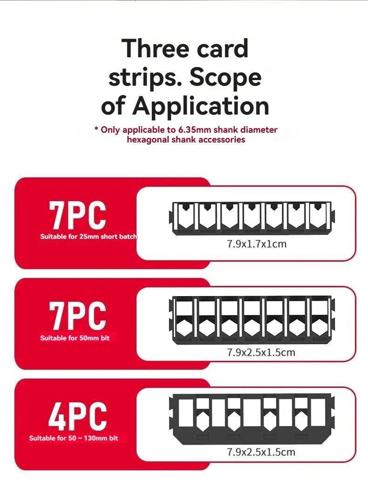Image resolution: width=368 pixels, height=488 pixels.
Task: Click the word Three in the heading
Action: coord(155,48)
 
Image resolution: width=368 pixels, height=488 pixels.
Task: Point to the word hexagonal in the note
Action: coord(148,140)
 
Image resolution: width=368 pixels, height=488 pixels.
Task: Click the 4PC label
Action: coord(78,416)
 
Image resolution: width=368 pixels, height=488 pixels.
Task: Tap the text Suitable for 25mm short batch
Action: coord(89,237)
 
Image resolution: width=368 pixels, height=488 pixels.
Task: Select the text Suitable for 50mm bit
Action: coord(75,338)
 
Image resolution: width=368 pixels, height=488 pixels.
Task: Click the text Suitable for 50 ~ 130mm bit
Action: coord(74,438)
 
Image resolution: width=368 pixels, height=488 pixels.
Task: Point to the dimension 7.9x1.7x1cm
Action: coord(257,244)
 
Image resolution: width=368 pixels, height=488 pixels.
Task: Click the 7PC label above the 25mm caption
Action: coord(77,215)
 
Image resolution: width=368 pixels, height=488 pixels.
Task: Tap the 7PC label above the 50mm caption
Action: coord(77,316)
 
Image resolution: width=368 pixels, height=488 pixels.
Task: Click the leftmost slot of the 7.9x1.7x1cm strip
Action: coord(185,216)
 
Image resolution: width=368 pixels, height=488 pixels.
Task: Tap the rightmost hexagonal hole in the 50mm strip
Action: coord(318,327)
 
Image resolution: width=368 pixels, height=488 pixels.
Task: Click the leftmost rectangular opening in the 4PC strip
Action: coord(186,413)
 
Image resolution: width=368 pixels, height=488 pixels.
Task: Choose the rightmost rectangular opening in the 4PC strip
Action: coord(318,413)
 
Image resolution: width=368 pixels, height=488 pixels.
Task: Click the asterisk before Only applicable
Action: coord(96,129)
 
